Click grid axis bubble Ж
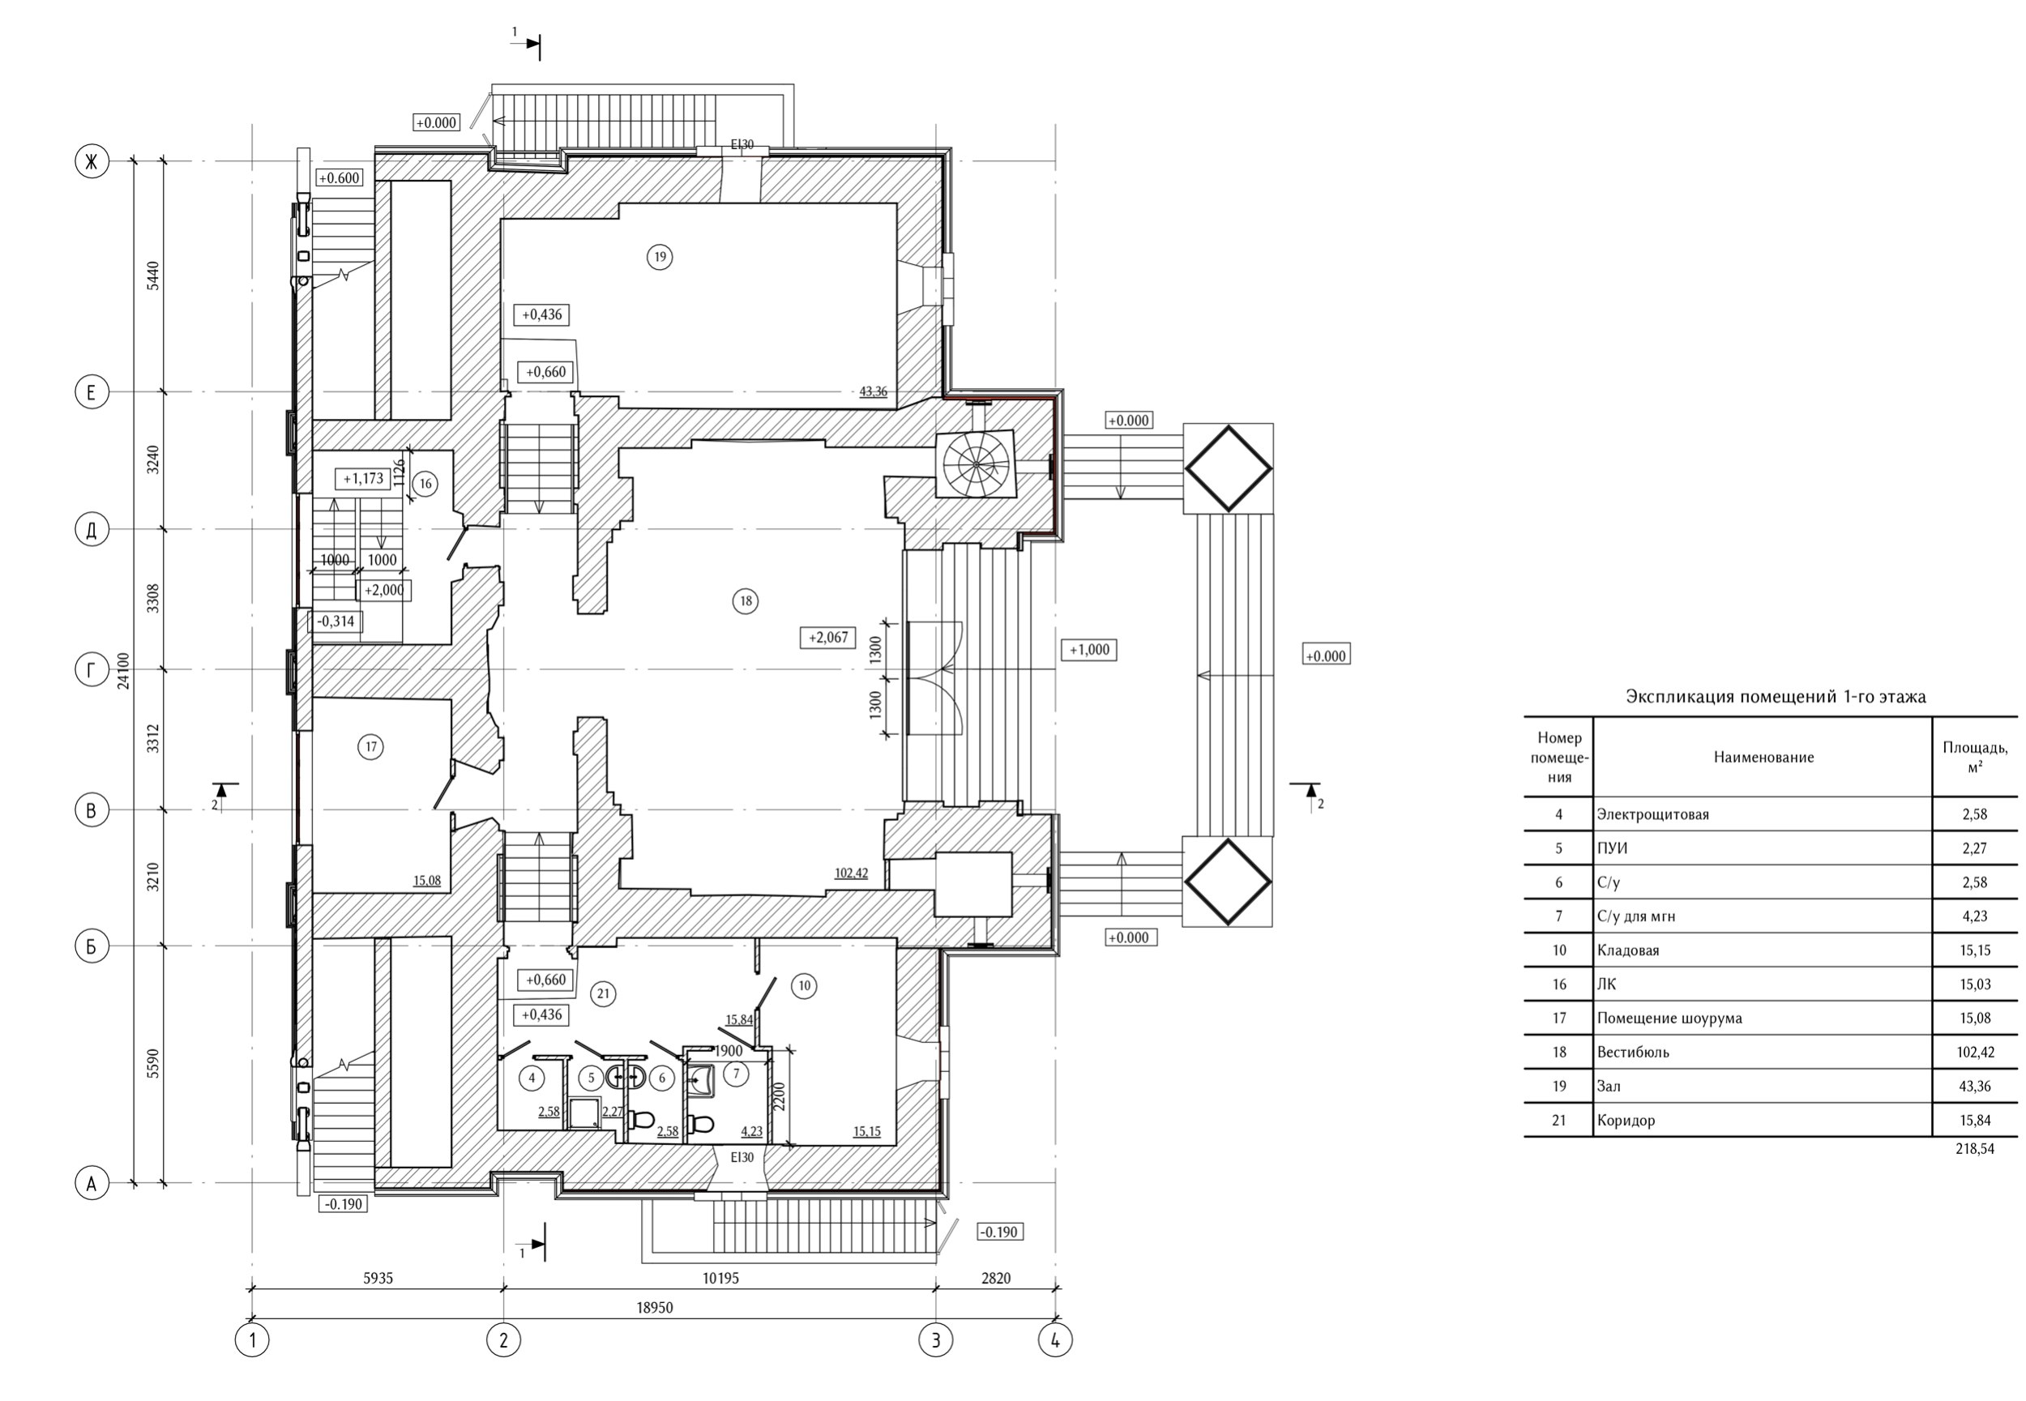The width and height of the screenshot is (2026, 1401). (92, 161)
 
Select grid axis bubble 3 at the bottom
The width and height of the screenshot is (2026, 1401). (936, 1340)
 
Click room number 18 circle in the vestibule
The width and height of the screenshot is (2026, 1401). (746, 601)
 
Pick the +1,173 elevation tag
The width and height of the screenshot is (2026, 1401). (363, 478)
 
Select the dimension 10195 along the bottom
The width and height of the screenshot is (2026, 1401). (720, 1278)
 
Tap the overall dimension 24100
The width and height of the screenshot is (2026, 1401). (123, 671)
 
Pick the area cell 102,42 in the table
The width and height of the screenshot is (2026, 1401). (1974, 1052)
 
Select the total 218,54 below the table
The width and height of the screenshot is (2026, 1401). (1974, 1148)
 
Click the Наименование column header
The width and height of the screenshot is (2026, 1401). (1763, 757)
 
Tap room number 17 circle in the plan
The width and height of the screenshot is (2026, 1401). (370, 747)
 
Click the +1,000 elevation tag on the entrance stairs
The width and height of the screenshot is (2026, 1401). (1088, 650)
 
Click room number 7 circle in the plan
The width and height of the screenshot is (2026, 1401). (736, 1074)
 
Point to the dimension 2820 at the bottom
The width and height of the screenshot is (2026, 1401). (995, 1278)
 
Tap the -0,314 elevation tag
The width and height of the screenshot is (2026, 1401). (336, 621)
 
